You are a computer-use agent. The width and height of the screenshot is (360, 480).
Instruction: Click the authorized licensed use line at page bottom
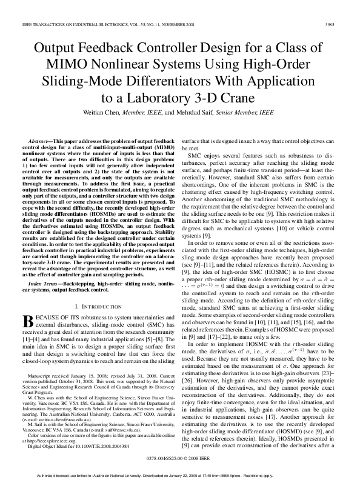(x=180, y=475)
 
